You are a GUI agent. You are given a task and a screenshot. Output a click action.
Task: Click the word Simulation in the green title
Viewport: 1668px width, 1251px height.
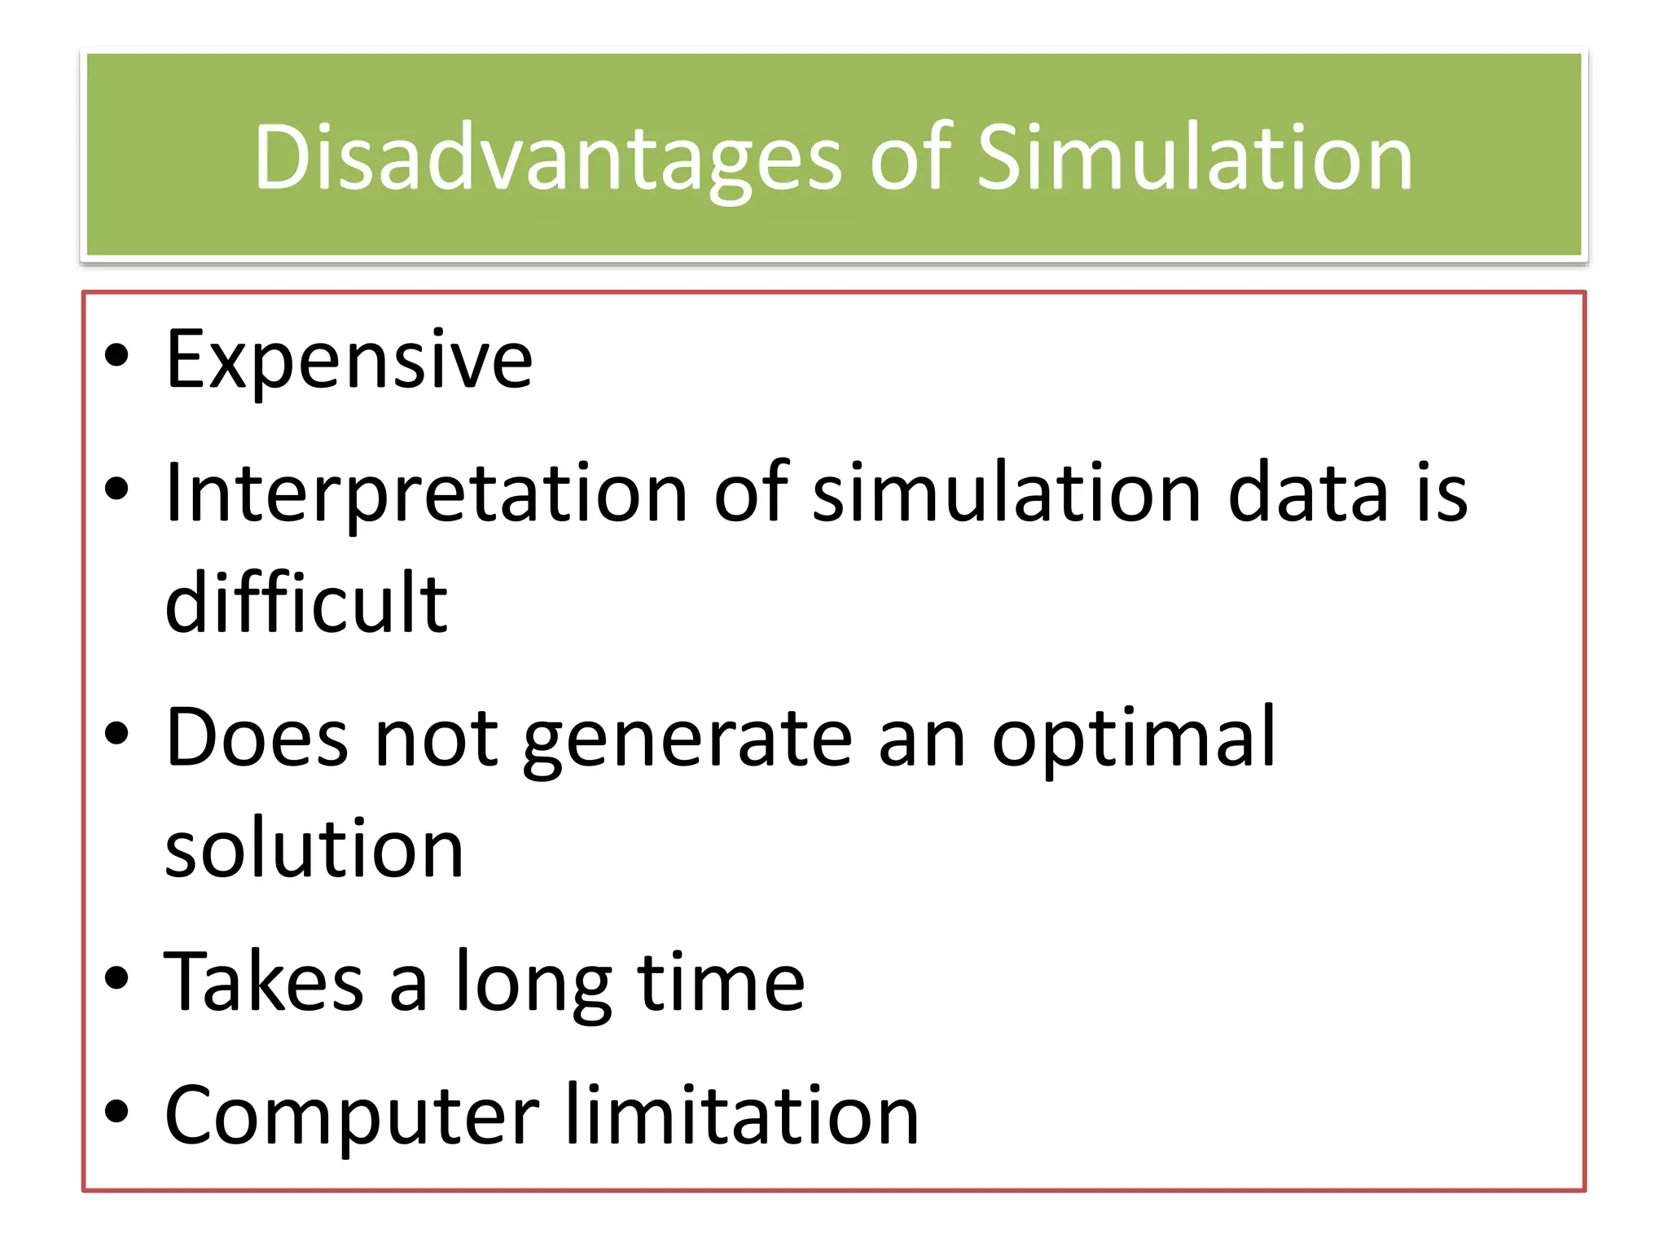(x=1194, y=158)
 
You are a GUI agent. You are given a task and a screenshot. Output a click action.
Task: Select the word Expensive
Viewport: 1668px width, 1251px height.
(x=349, y=360)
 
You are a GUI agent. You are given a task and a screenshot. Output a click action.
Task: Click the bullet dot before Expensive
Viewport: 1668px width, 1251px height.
(x=117, y=356)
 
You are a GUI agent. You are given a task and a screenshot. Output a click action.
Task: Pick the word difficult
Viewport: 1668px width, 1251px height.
(x=306, y=603)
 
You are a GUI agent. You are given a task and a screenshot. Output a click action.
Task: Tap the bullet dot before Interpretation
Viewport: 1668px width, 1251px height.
(x=117, y=489)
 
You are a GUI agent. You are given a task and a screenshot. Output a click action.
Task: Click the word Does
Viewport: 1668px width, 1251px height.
(x=257, y=738)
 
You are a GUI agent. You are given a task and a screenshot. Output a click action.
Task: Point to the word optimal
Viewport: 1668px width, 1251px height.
(x=1133, y=740)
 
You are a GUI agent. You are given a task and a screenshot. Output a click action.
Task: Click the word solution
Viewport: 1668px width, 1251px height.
(x=314, y=849)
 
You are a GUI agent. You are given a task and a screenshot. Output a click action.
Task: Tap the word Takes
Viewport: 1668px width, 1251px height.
(x=263, y=982)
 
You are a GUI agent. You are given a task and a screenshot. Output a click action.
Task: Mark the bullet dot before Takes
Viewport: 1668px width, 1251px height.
(x=117, y=978)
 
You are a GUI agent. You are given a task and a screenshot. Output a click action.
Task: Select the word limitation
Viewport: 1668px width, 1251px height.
(x=742, y=1116)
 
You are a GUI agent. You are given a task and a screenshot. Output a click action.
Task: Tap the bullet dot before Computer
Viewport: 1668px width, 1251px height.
(x=117, y=1112)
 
